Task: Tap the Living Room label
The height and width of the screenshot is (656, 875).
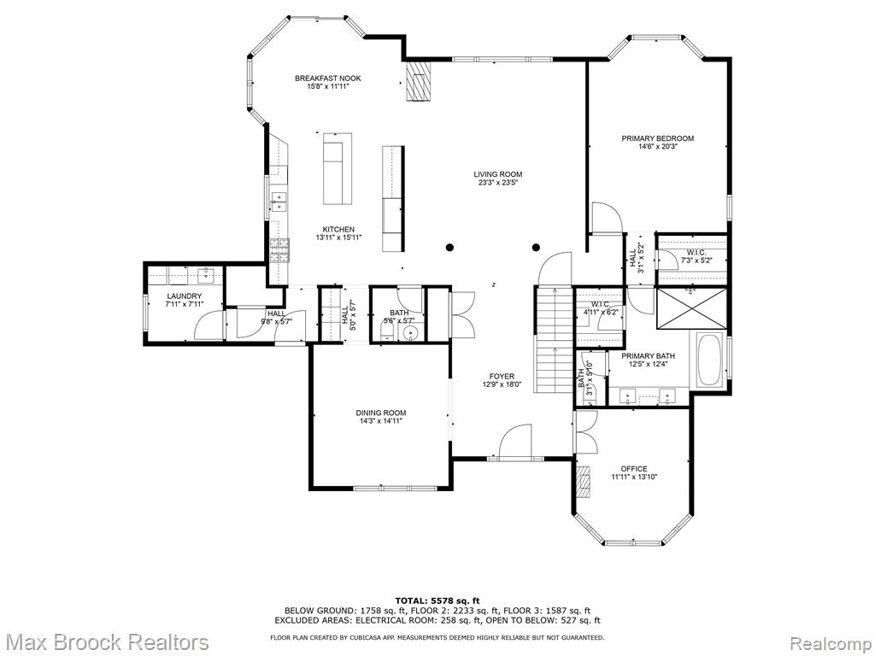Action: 498,174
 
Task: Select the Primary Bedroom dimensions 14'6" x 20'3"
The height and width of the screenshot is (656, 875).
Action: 658,147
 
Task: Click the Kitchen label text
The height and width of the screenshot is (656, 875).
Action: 338,229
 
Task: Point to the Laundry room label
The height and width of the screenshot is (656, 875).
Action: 185,296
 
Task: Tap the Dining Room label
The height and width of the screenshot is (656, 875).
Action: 381,413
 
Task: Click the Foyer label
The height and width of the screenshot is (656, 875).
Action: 502,377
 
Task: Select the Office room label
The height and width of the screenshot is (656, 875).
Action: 634,469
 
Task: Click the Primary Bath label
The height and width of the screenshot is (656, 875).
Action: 648,356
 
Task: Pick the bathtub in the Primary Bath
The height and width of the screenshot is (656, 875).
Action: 708,360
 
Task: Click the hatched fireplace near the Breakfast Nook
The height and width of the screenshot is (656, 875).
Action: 419,81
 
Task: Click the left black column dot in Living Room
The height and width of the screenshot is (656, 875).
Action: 449,247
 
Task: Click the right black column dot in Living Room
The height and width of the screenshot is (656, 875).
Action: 537,247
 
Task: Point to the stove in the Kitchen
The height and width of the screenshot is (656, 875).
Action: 280,250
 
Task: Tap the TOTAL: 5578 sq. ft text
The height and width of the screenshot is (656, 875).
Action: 437,600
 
